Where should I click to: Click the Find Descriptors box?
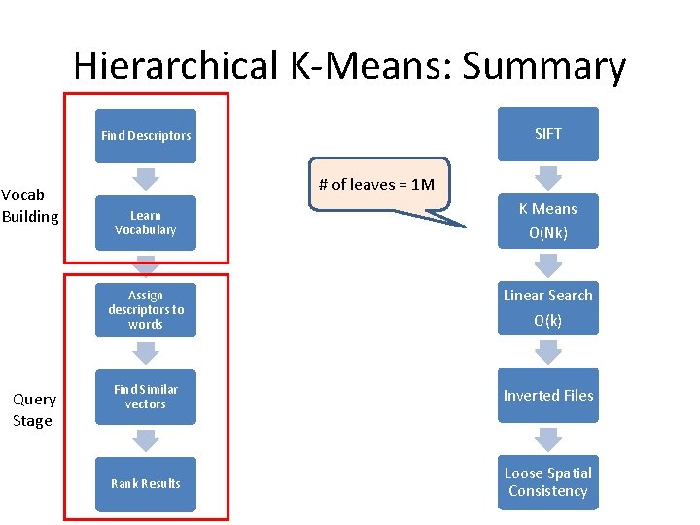click(x=146, y=136)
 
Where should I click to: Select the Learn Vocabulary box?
click(x=146, y=223)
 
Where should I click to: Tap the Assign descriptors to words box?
click(x=146, y=309)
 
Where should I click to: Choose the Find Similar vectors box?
click(x=146, y=397)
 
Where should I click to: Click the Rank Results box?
click(x=146, y=483)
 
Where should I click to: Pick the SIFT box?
click(x=548, y=134)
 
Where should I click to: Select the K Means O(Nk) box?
click(x=548, y=221)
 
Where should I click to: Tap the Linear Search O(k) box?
click(x=548, y=307)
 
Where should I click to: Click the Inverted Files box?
click(x=548, y=395)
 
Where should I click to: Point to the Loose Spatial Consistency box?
click(x=548, y=481)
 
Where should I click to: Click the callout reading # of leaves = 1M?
click(x=380, y=185)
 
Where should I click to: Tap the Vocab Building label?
click(x=30, y=205)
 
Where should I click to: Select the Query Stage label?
click(x=33, y=409)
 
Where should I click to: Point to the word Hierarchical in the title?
click(x=176, y=66)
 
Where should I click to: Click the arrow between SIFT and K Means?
click(x=548, y=177)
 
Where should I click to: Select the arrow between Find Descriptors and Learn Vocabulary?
click(x=146, y=179)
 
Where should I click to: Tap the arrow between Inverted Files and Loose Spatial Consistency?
click(x=548, y=438)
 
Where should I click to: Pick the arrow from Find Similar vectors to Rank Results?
click(x=146, y=440)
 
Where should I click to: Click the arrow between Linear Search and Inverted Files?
click(x=548, y=351)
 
